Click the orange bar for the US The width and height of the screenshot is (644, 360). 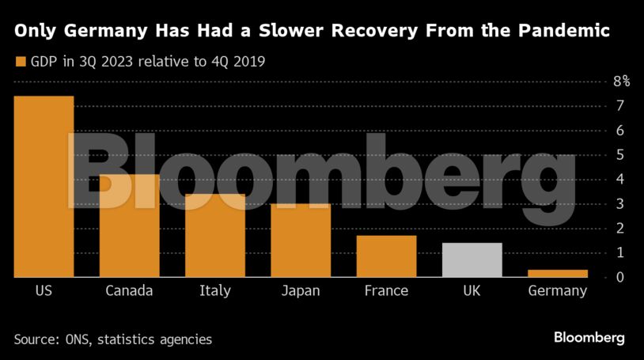(x=44, y=187)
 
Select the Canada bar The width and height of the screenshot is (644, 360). (x=129, y=225)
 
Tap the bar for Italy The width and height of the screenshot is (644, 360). (x=214, y=235)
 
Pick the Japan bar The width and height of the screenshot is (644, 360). (x=301, y=241)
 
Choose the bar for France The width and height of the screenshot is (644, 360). (x=386, y=256)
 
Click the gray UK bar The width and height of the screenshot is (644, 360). (x=472, y=260)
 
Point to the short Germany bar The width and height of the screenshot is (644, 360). (x=558, y=273)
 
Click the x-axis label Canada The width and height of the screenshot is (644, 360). (x=129, y=291)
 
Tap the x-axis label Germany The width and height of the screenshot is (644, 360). (x=558, y=291)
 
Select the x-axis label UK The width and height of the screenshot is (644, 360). (x=472, y=291)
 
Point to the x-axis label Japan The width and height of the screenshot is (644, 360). (x=301, y=291)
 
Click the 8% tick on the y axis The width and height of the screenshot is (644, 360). (x=621, y=81)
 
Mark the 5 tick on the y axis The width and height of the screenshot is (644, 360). (x=621, y=155)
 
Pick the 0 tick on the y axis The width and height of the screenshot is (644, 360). (x=621, y=278)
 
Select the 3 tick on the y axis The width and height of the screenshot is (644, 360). (x=621, y=204)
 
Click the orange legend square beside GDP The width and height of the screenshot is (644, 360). (x=21, y=61)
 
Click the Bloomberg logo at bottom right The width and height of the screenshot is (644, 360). (x=589, y=338)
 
